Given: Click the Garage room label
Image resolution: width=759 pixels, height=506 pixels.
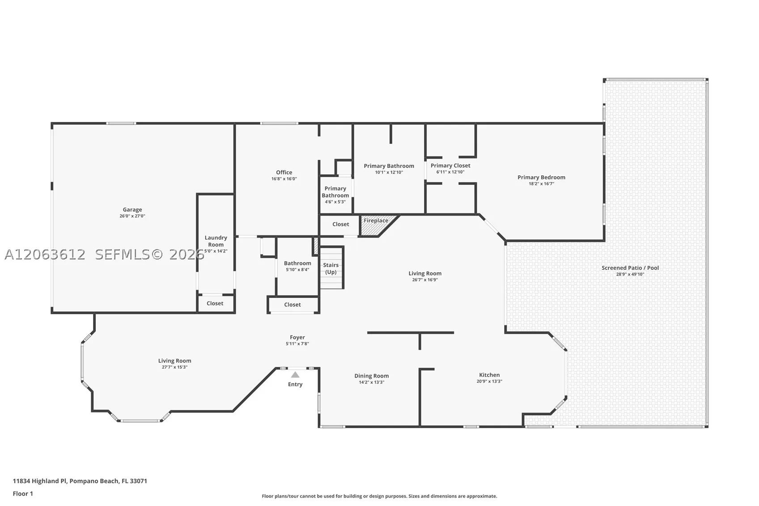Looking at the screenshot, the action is pos(132,210).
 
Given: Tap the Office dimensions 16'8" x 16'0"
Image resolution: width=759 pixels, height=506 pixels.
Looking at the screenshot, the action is pos(284,179).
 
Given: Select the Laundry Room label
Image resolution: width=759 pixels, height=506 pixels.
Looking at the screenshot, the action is pos(216,241).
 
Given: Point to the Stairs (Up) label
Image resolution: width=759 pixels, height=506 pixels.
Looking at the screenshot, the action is pos(331,268).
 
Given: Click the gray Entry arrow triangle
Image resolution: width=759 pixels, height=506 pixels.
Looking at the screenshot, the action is pos(295,374).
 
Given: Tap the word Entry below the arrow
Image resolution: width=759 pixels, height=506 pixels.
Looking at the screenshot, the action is pos(295,384).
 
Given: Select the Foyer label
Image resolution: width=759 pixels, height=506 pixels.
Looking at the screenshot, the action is pos(297,337).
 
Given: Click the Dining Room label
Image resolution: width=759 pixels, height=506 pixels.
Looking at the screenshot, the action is pos(371,376).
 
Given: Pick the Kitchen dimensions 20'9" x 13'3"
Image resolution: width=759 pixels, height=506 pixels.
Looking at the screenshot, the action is pos(489,381).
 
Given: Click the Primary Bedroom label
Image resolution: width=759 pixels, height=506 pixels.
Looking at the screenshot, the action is pos(541,177).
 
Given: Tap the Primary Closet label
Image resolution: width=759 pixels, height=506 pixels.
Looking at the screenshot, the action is pos(450,166).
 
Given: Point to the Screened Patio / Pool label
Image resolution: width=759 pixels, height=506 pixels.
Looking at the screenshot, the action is pos(630,268).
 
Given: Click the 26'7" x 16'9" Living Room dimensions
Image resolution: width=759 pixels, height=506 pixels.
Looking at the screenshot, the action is pos(425,280).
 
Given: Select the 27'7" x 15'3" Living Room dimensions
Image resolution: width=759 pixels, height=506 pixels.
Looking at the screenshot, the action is pos(174,367).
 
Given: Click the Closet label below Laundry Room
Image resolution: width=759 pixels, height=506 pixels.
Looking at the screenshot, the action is pos(215,303).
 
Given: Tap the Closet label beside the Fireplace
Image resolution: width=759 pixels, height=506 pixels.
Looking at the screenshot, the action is pos(340,224).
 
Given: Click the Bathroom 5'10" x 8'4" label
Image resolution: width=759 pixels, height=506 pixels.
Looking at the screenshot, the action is pos(297,266).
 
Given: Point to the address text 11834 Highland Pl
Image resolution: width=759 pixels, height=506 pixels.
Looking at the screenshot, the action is pos(40,481).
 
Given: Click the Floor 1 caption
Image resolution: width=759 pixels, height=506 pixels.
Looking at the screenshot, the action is pos(23,494).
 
